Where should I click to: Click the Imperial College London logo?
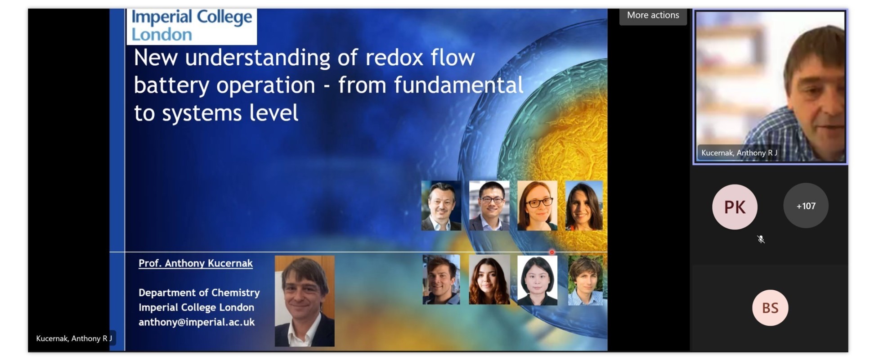[x=192, y=26]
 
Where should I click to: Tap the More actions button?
[x=653, y=15]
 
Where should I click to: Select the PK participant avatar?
[x=735, y=207]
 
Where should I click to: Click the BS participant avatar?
[x=770, y=308]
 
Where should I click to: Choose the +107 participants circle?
[x=806, y=206]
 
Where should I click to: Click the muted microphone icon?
[x=761, y=239]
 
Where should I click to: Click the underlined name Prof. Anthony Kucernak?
[x=195, y=263]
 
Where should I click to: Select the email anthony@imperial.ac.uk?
[x=197, y=322]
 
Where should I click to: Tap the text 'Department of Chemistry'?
[x=199, y=292]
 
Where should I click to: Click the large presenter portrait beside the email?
[x=305, y=301]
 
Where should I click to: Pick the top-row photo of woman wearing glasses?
[x=537, y=206]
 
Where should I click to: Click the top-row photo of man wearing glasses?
[x=489, y=206]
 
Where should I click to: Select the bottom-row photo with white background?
[x=537, y=280]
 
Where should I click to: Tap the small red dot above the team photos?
[x=552, y=252]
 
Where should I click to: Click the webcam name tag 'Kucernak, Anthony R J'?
[x=739, y=153]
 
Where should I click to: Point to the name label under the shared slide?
[x=74, y=338]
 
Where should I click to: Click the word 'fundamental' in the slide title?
[x=459, y=85]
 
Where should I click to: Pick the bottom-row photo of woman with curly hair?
[x=489, y=280]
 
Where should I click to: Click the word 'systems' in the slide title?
[x=202, y=113]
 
